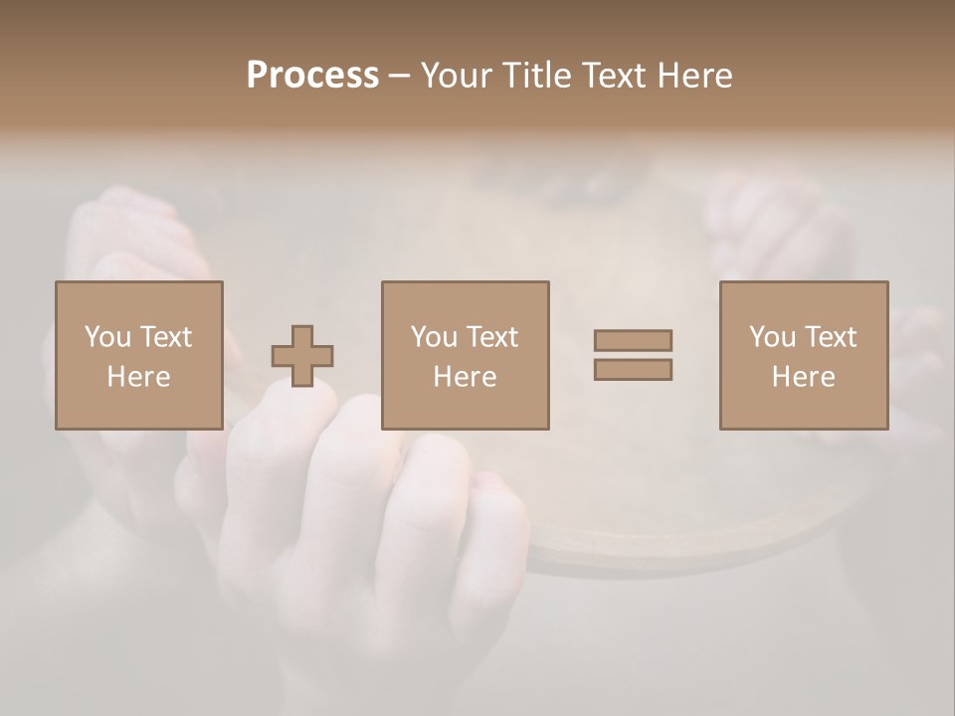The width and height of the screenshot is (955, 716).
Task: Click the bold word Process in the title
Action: pos(312,76)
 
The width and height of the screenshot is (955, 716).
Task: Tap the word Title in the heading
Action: pos(534,76)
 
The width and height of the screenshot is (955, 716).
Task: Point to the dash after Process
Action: pos(399,77)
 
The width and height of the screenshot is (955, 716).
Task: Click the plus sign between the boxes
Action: pos(302,356)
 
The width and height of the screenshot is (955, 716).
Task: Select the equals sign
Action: pos(633,355)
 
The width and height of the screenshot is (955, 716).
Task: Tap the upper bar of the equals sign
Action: pos(633,341)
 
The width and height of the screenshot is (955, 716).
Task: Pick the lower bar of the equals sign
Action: pos(633,369)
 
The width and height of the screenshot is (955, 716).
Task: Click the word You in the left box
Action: pos(107,337)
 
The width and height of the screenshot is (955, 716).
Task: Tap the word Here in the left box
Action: pos(138,377)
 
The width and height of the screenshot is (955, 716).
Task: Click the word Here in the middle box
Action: pos(465,377)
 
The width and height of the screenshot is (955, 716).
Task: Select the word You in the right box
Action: pos(772,337)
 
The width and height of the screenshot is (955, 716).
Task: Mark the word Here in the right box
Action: pos(803,377)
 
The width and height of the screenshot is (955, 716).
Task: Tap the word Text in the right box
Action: pos(831,337)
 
